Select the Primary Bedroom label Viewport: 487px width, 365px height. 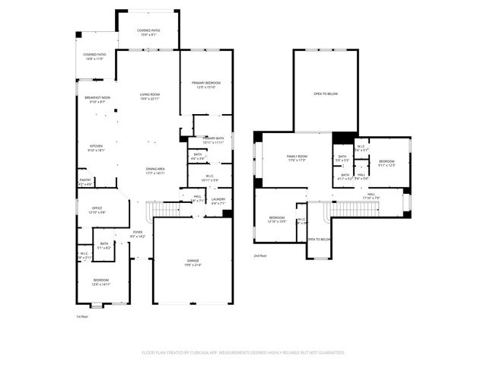click(206, 84)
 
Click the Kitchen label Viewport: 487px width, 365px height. click(97, 148)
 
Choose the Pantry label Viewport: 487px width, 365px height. click(84, 182)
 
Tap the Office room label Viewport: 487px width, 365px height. click(97, 209)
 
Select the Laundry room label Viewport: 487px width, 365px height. click(218, 201)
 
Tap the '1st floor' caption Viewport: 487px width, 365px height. click(82, 316)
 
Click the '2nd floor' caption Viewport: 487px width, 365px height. click(260, 256)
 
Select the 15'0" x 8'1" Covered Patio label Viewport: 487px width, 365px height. click(148, 32)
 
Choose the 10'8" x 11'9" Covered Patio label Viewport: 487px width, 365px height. click(95, 57)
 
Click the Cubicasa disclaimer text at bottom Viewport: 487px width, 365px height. click(243, 352)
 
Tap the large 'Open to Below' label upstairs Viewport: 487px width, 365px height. click(326, 94)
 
